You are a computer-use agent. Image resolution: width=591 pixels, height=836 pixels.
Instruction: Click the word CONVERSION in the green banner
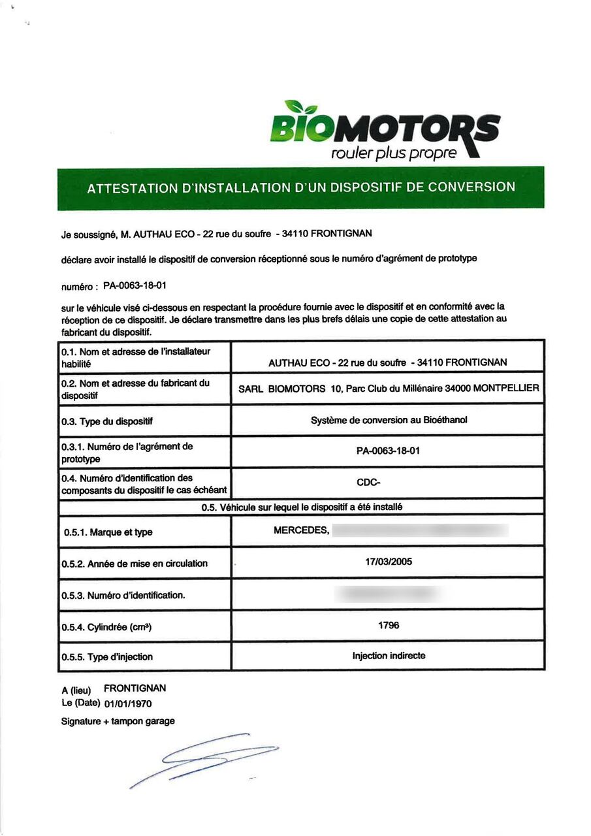[x=471, y=187]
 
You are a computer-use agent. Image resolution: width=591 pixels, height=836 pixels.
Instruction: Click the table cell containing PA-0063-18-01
[x=388, y=451]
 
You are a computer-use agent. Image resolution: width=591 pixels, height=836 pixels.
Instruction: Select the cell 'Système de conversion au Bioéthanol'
[x=388, y=420]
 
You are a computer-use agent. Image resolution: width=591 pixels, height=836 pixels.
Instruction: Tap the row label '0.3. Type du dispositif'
[x=107, y=421]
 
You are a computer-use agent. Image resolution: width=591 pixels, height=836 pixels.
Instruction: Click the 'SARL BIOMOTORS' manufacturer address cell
[x=388, y=389]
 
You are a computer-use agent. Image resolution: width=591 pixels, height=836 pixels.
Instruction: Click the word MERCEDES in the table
[x=301, y=530]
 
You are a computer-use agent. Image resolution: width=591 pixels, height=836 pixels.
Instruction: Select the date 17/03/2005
[x=389, y=562]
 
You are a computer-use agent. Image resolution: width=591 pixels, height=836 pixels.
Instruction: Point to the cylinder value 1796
[x=389, y=625]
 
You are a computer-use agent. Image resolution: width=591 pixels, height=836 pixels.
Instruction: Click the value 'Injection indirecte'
[x=389, y=656]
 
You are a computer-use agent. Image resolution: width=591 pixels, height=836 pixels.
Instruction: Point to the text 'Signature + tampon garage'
[x=118, y=722]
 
